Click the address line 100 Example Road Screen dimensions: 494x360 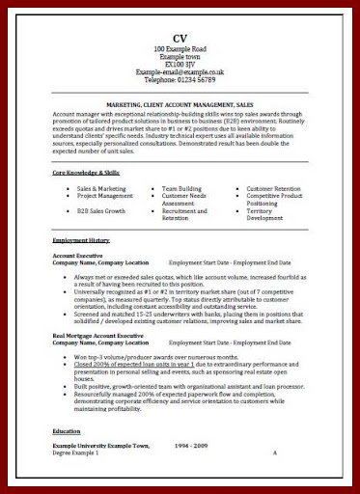point(180,48)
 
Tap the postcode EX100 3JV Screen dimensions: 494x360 point(180,64)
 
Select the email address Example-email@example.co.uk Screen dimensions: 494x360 point(180,71)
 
